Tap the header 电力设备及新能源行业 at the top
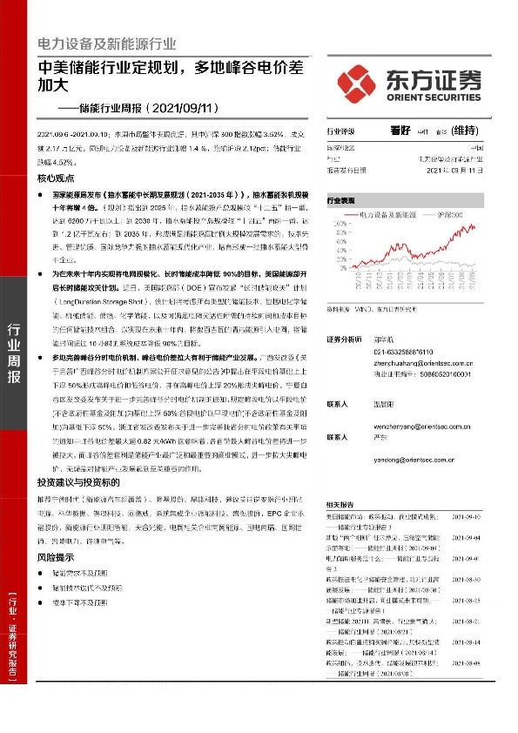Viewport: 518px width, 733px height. click(x=106, y=44)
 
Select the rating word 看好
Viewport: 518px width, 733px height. click(x=401, y=131)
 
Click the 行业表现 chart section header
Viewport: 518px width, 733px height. click(x=341, y=200)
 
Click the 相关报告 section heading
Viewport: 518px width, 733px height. click(x=340, y=505)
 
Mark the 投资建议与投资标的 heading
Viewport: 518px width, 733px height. click(x=77, y=481)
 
